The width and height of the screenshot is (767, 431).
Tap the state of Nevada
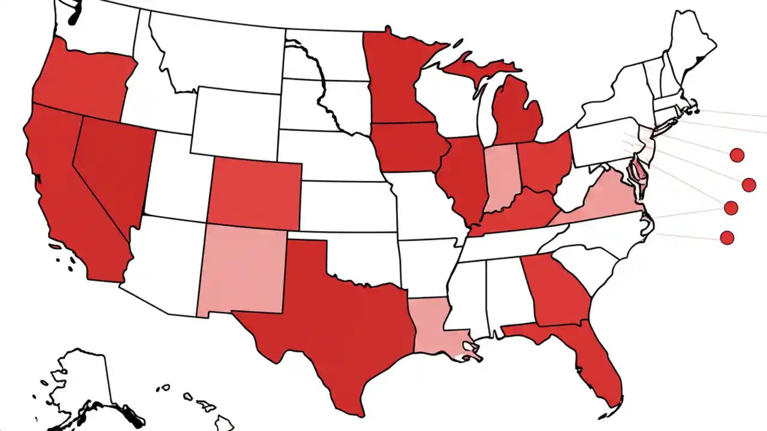tap(114, 168)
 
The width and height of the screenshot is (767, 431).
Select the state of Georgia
tap(557, 290)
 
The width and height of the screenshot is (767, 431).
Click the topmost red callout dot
tap(737, 155)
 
